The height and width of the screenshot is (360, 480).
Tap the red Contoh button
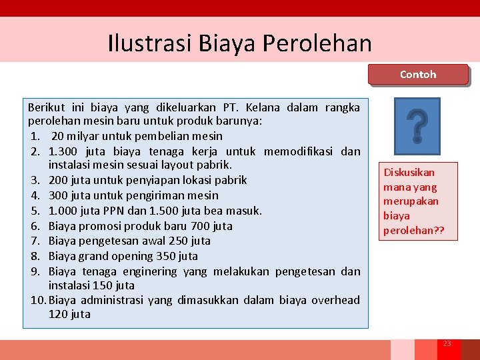tap(418, 75)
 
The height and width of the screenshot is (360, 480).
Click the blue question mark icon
tap(417, 126)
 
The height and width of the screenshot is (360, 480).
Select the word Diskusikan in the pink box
tap(409, 172)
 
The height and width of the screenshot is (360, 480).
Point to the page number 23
tap(447, 343)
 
